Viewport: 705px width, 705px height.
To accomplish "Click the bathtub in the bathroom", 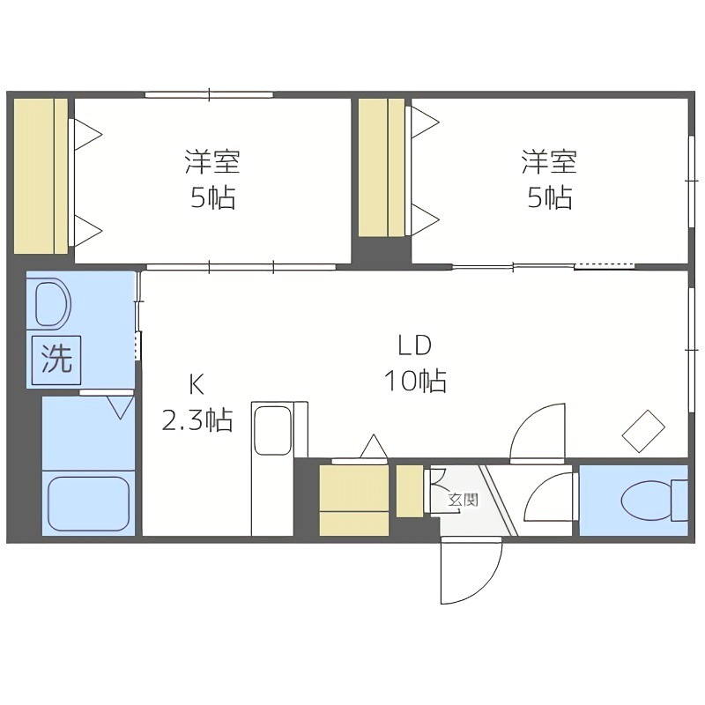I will point(88,504).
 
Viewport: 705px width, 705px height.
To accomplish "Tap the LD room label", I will point(413,345).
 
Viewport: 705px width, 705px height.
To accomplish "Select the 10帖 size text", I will point(413,381).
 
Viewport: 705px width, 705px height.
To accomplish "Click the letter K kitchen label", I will point(196,384).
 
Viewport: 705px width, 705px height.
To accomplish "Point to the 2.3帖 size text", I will point(196,419).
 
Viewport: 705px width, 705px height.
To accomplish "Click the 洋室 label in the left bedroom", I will point(212,162).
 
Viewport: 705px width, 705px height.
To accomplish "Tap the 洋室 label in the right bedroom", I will point(548,162).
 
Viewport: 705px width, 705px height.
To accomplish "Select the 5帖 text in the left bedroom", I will point(212,197).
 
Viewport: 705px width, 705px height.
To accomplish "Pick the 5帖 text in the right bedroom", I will point(548,197).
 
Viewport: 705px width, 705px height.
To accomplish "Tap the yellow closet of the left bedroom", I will point(41,176).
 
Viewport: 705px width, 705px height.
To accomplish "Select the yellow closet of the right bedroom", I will point(384,167).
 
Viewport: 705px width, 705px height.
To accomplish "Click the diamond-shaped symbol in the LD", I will point(644,432).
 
